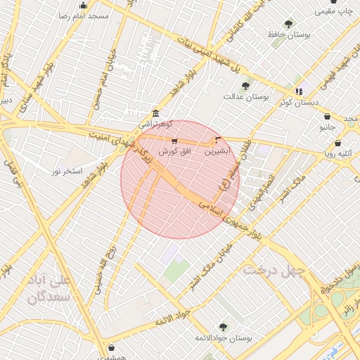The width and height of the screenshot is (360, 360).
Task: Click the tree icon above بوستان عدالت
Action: pyautogui.click(x=245, y=86)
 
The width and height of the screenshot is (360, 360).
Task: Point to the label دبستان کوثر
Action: pyautogui.click(x=298, y=102)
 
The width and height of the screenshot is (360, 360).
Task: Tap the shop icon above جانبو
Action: pyautogui.click(x=328, y=117)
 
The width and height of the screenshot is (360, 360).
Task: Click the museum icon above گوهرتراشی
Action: pyautogui.click(x=155, y=114)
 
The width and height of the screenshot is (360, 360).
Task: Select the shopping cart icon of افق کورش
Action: pyautogui.click(x=174, y=141)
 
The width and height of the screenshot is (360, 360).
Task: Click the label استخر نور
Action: pyautogui.click(x=68, y=171)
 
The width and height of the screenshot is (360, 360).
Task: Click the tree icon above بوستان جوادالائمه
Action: pyautogui.click(x=223, y=327)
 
